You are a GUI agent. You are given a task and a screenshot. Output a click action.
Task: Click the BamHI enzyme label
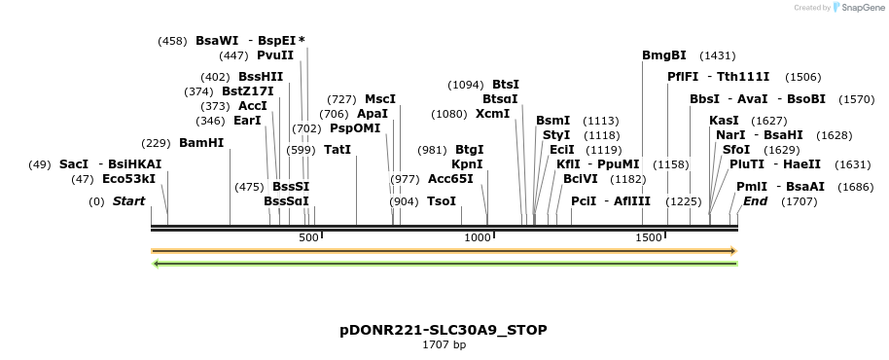click(x=201, y=142)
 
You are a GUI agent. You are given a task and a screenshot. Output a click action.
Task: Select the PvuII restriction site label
click(x=275, y=55)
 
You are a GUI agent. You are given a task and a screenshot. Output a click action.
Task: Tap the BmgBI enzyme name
click(x=664, y=55)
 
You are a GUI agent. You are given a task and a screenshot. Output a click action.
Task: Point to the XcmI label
click(x=492, y=114)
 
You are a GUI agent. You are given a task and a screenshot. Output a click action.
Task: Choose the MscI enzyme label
click(x=380, y=99)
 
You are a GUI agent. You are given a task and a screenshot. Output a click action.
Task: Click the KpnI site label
click(x=468, y=164)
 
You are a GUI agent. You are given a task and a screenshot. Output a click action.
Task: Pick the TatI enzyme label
click(x=338, y=150)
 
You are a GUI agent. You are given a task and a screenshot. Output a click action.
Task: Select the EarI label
click(x=248, y=121)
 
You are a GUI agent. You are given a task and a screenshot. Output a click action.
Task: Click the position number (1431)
click(x=718, y=55)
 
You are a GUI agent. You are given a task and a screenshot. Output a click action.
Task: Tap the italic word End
click(x=755, y=201)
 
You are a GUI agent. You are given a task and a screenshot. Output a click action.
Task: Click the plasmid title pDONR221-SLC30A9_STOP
click(x=444, y=330)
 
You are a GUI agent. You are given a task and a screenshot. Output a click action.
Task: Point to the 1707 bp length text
click(x=444, y=344)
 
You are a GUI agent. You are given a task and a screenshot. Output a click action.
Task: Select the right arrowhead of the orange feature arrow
click(x=733, y=251)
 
